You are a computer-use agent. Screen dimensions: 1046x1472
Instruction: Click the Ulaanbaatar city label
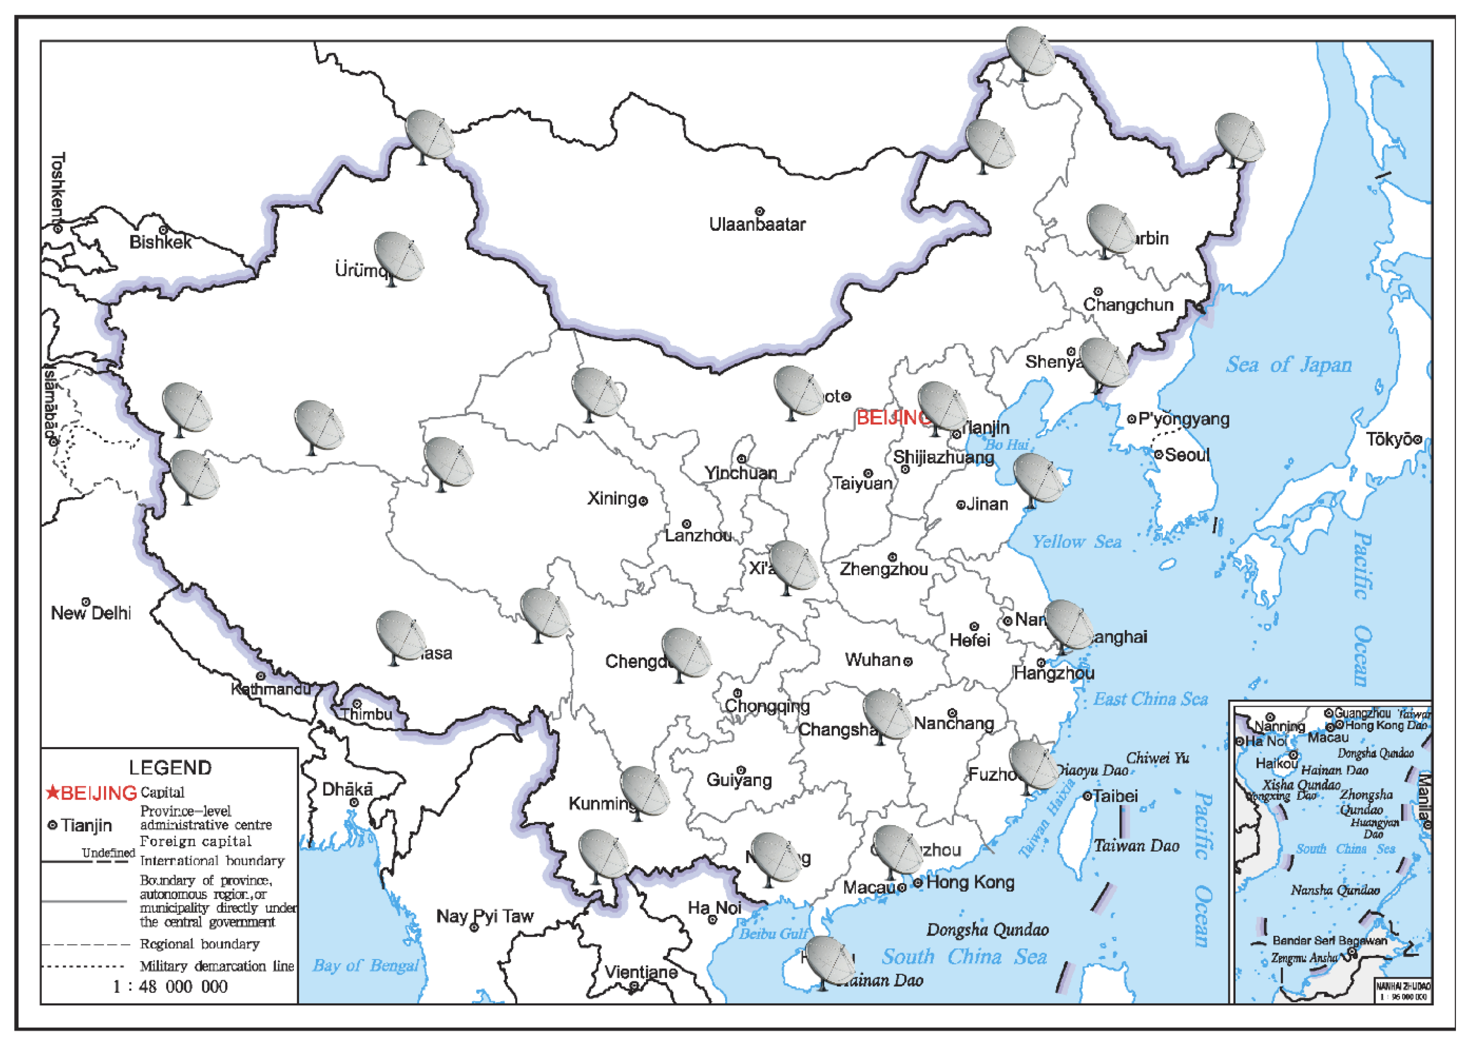(757, 224)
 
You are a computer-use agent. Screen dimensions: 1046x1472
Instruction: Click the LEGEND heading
(170, 768)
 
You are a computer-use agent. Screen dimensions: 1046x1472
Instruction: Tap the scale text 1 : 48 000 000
(170, 987)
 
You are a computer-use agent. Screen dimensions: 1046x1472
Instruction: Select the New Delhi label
(91, 613)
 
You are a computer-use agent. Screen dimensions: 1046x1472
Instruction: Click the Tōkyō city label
(1389, 439)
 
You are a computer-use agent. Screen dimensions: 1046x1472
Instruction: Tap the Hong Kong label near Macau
(970, 882)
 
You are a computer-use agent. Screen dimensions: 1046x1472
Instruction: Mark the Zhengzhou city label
(883, 569)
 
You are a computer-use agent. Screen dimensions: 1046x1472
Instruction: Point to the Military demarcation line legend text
(217, 966)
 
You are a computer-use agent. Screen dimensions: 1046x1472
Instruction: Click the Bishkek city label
(160, 242)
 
